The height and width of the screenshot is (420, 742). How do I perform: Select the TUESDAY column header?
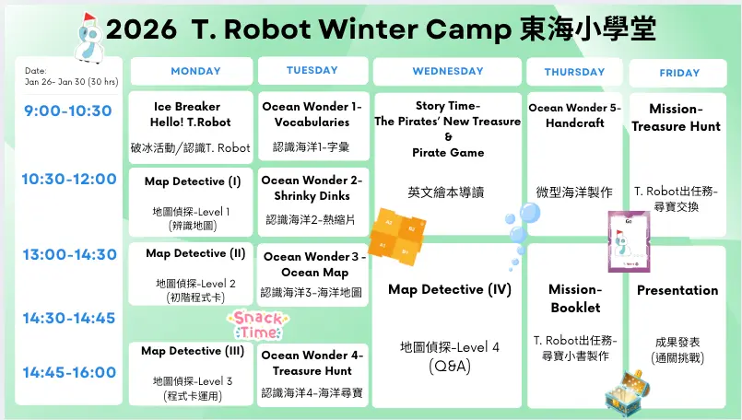click(312, 71)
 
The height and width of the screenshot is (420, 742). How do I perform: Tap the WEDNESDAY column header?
click(447, 72)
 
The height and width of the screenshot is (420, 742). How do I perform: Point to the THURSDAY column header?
click(574, 72)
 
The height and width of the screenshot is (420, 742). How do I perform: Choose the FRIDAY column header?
click(678, 73)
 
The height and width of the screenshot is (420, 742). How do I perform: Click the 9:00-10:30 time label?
click(68, 111)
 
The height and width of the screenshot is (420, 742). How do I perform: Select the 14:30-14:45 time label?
click(69, 318)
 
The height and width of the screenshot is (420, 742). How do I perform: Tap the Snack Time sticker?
click(258, 325)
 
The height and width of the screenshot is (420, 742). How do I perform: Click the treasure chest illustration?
click(627, 392)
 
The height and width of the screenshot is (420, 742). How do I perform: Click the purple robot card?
click(629, 241)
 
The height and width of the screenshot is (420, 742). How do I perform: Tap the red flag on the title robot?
click(89, 17)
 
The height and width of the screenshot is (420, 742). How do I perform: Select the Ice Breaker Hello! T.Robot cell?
click(191, 127)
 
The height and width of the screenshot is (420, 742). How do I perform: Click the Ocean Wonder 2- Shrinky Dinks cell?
click(312, 202)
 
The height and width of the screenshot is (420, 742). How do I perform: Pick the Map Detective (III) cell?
click(191, 374)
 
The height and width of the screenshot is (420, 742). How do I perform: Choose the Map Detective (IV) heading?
click(450, 289)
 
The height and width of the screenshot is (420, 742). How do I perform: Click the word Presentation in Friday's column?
click(677, 290)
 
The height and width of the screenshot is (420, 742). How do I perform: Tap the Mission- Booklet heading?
click(575, 298)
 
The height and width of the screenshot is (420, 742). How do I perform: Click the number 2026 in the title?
click(141, 29)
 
